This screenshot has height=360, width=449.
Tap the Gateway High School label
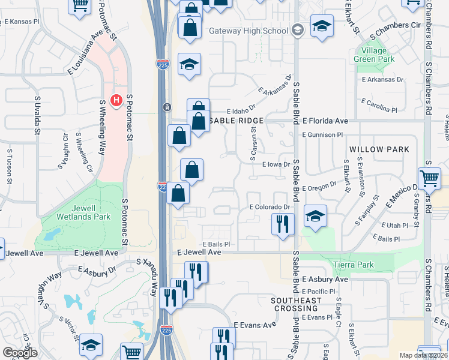coord(249,31)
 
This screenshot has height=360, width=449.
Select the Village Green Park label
coord(375,55)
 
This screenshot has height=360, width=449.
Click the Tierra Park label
coord(354,265)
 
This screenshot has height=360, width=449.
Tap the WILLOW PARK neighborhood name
coord(379,149)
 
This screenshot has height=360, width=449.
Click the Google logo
coord(20,353)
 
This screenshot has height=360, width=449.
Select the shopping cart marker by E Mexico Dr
coord(429,179)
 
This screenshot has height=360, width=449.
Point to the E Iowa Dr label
coord(276,164)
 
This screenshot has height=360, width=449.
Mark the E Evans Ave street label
coord(255,325)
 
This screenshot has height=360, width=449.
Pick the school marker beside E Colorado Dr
coord(315,216)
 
